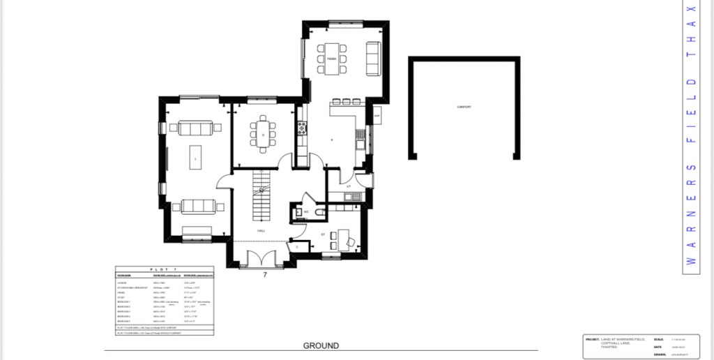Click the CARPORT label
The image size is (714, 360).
point(464,107)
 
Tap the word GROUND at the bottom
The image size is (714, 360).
point(321,345)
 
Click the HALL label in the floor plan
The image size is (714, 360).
point(261,230)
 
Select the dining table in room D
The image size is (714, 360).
point(263,133)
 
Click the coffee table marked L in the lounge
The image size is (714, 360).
point(196,158)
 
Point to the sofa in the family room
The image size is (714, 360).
point(373,59)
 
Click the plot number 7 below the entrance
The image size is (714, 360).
point(265,275)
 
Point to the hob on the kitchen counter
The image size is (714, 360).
point(302,128)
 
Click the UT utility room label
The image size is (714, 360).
point(348,186)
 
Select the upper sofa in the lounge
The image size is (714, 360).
point(196,128)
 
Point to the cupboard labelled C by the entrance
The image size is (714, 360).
point(297,246)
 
